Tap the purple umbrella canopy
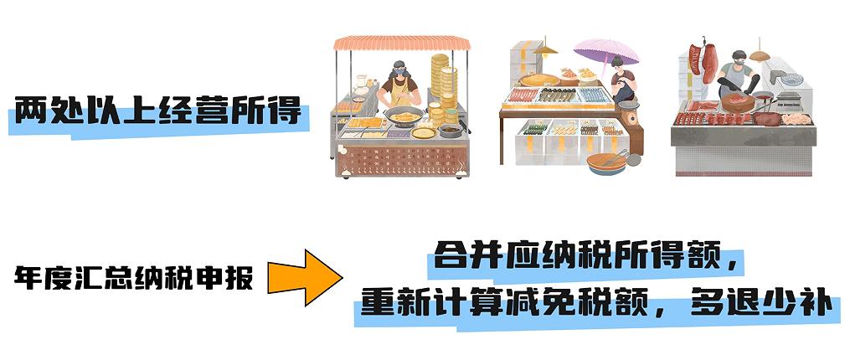(606, 51)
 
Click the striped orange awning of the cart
(402, 43)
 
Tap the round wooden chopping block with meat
(737, 102)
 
